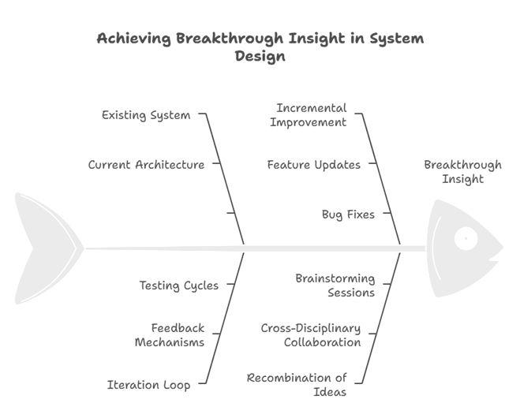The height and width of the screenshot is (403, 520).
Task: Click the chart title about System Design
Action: click(x=260, y=47)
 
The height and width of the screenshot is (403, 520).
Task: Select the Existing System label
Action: click(x=146, y=115)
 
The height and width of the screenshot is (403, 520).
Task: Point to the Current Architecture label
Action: click(x=146, y=165)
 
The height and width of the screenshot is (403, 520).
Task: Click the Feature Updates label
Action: click(x=313, y=165)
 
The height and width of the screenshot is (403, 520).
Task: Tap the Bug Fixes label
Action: click(x=348, y=214)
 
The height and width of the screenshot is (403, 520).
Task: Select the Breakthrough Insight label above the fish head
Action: click(x=462, y=172)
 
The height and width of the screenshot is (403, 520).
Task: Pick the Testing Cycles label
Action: click(x=178, y=285)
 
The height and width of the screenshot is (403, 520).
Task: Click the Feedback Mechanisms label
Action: click(x=170, y=335)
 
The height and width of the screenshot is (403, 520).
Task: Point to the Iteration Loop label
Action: click(x=148, y=385)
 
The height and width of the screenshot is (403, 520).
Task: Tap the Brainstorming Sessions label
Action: click(x=335, y=285)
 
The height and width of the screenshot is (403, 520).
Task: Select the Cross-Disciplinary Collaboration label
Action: click(x=311, y=335)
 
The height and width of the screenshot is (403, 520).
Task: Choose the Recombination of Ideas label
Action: click(x=297, y=385)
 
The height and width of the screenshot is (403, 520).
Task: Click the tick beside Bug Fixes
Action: click(x=383, y=214)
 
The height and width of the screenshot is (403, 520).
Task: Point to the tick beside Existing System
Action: click(x=202, y=114)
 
